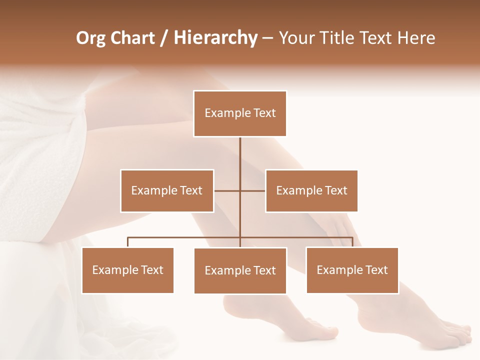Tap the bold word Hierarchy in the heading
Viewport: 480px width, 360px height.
215,38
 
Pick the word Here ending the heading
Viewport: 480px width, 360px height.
416,38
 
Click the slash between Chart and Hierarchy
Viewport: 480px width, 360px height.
163,38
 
